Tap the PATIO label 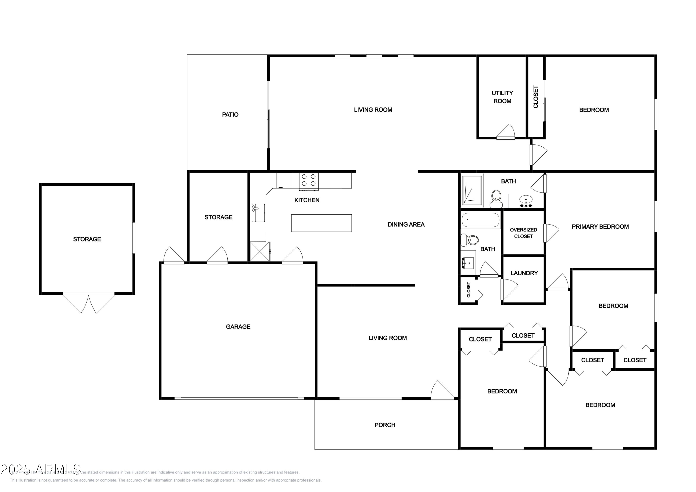point(230,115)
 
